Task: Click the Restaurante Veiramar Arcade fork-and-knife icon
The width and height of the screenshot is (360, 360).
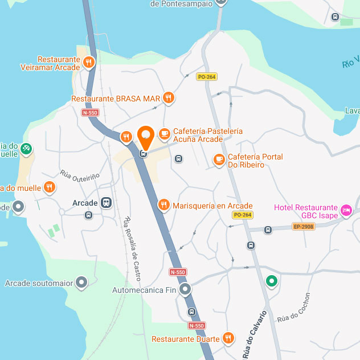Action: tap(89, 63)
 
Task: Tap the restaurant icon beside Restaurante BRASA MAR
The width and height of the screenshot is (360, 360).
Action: tap(167, 98)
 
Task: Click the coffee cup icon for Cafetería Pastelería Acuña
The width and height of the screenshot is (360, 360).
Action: tap(165, 134)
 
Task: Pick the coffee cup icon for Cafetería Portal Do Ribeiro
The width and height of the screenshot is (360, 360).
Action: tap(219, 160)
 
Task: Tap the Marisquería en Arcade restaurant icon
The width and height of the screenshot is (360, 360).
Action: tap(163, 205)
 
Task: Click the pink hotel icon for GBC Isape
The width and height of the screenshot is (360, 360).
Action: tap(346, 211)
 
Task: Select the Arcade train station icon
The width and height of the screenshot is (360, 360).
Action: tap(106, 203)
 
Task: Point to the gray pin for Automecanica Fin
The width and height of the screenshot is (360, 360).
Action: tap(185, 290)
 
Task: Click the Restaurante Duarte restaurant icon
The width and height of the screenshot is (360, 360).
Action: tap(228, 338)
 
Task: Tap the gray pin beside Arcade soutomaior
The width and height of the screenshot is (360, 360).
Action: tap(82, 283)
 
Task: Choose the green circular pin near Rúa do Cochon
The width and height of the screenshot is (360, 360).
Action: tap(272, 281)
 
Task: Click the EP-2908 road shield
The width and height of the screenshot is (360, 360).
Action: tap(304, 226)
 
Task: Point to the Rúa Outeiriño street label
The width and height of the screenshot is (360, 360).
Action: tap(80, 175)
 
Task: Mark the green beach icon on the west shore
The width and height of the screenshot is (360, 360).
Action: tap(25, 149)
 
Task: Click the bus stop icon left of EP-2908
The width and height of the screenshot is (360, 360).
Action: tap(268, 230)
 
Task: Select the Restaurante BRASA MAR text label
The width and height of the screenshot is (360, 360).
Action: tap(116, 99)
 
